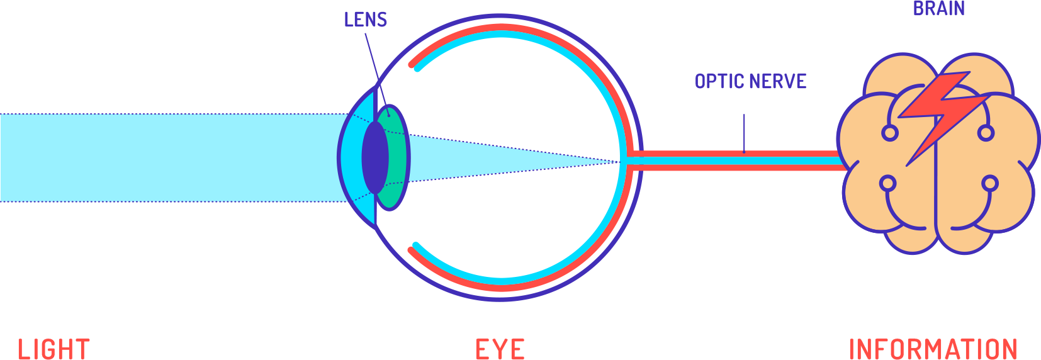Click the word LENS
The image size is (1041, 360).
coord(365,20)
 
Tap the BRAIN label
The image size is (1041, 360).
coord(938,9)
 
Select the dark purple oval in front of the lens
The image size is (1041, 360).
coord(374,157)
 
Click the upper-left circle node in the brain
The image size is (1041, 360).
coord(889,133)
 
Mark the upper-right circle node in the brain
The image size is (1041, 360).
coord(986,133)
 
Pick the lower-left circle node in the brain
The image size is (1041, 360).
coord(887,184)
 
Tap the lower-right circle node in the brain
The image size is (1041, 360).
coord(990,184)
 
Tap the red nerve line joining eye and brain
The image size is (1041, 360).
coord(736,154)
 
